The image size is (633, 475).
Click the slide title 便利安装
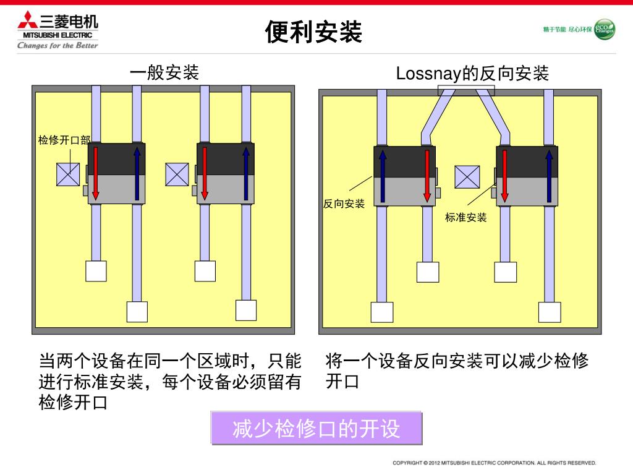click(313, 32)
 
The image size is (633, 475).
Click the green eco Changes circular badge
click(604, 29)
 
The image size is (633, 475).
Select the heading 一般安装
click(164, 73)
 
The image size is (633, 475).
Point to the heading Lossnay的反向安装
click(472, 74)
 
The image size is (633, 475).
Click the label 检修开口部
click(64, 140)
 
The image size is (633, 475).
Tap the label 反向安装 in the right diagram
click(344, 203)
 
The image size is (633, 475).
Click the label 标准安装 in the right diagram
click(466, 217)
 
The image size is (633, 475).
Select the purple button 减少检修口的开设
click(316, 428)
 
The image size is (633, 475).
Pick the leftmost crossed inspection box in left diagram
click(68, 174)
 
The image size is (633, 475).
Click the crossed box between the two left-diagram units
click(177, 174)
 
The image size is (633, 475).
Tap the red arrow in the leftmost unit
click(96, 174)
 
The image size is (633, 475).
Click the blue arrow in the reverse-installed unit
click(383, 176)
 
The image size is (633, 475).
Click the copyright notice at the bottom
click(495, 463)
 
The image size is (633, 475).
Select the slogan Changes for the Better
click(57, 45)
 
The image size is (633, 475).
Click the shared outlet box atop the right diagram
click(466, 91)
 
